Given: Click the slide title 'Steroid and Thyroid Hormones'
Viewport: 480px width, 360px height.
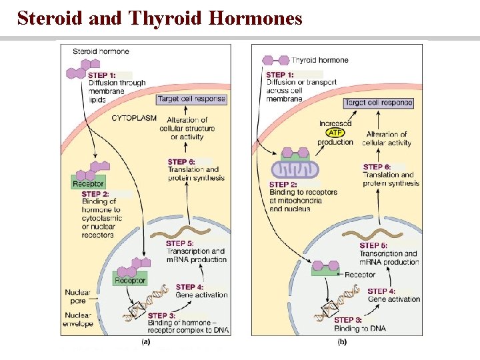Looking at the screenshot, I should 160,18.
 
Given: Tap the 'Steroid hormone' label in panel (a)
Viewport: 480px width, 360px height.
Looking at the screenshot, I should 101,51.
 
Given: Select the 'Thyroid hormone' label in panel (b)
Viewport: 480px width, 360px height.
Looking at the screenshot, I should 319,60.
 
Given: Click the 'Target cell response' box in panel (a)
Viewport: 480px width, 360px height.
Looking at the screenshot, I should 192,99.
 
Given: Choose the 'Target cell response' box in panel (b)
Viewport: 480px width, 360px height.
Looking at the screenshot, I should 378,103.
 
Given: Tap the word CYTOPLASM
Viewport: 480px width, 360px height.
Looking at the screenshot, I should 134,118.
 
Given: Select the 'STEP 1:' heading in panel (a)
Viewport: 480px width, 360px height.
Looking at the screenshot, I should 102,75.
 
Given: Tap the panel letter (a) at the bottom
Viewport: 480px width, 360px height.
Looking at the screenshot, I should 146,342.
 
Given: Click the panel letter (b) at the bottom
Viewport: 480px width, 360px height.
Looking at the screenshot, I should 341,342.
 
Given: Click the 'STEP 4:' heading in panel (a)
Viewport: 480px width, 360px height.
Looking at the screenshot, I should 190,287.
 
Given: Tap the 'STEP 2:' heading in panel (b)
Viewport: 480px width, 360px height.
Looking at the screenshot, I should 283,185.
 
